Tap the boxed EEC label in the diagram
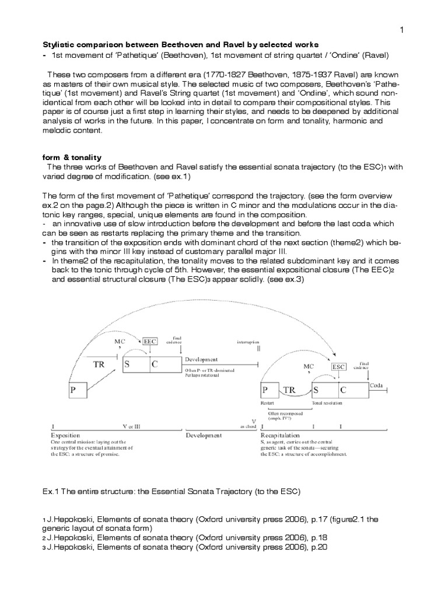(x=149, y=340)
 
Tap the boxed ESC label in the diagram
(x=338, y=367)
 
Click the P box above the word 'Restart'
(x=266, y=391)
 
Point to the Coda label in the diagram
(x=376, y=385)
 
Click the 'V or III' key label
(x=132, y=427)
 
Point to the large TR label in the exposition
(x=100, y=363)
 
